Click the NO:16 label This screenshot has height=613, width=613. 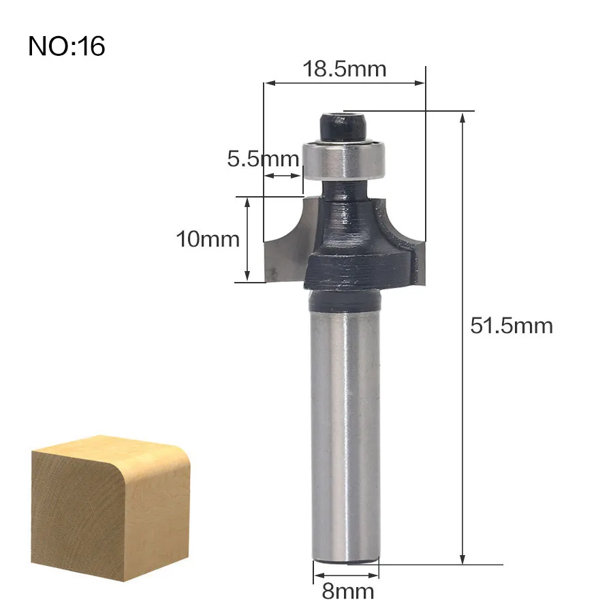pyautogui.click(x=67, y=46)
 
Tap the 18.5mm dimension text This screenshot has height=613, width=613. pyautogui.click(x=345, y=69)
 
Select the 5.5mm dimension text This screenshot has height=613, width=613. pyautogui.click(x=263, y=159)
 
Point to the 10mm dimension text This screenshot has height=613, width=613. pyautogui.click(x=208, y=239)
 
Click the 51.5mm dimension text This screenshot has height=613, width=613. pyautogui.click(x=512, y=326)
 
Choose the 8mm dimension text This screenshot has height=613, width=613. pyautogui.click(x=347, y=591)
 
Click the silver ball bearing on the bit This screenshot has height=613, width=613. pyautogui.click(x=345, y=159)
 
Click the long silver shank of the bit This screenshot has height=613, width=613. pyautogui.click(x=345, y=435)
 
